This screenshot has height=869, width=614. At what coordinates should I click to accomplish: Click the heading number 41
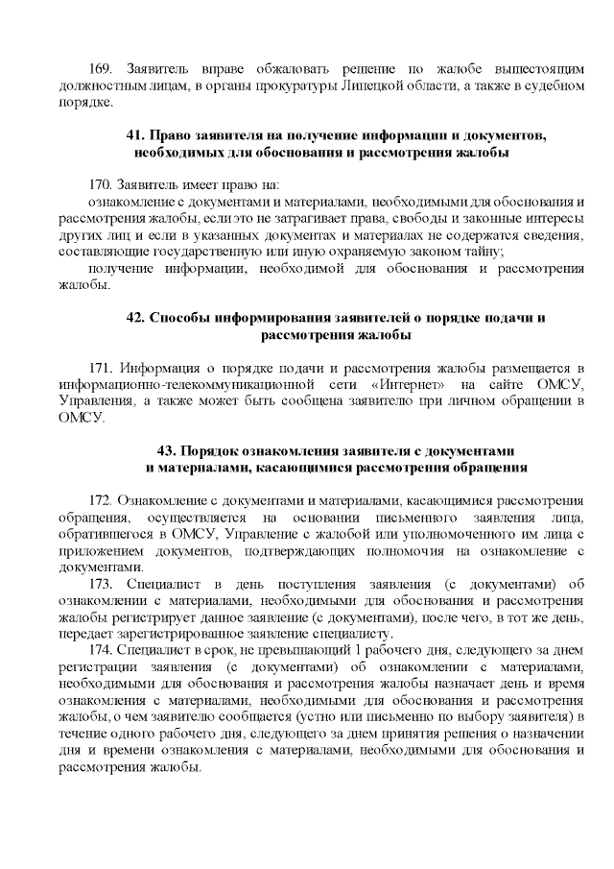[x=136, y=135]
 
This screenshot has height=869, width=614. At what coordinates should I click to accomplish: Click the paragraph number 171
[x=102, y=368]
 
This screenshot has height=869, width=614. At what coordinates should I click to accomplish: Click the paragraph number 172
[x=102, y=500]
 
